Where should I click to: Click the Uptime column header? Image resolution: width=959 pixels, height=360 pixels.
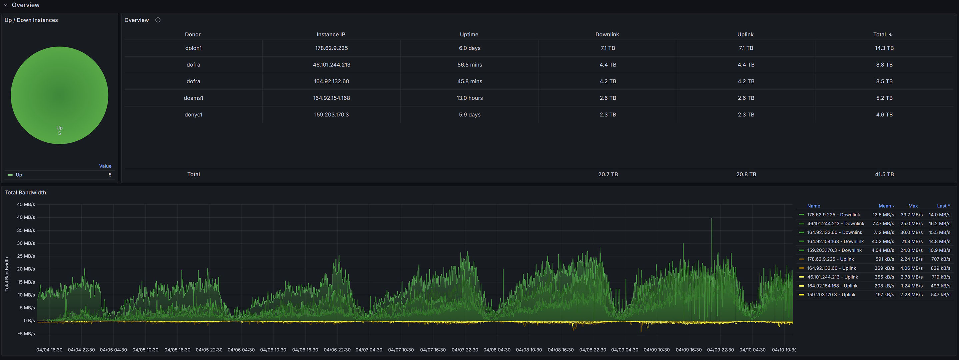(x=469, y=34)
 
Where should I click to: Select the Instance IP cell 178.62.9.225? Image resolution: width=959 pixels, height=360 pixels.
(x=331, y=48)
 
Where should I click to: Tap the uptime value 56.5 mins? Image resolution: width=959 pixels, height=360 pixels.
(x=470, y=65)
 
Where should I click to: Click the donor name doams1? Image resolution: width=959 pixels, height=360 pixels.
(x=193, y=98)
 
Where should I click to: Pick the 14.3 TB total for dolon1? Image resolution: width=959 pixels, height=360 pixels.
(x=884, y=48)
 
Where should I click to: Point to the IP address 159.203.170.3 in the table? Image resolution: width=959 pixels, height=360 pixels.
(x=331, y=115)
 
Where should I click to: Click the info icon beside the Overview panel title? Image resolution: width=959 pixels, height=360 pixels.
(x=158, y=20)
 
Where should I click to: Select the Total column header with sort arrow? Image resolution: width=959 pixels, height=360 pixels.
(x=882, y=34)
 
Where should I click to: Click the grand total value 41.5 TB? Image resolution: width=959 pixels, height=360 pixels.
(x=884, y=174)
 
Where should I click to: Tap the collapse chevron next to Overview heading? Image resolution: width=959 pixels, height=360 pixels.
(x=6, y=5)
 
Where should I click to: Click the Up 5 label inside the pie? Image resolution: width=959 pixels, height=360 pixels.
(x=59, y=130)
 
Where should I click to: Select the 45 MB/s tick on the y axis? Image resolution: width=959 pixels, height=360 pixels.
(x=26, y=204)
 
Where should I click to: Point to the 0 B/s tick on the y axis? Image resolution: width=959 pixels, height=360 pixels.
(x=29, y=321)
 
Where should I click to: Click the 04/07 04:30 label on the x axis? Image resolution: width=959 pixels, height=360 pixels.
(x=369, y=350)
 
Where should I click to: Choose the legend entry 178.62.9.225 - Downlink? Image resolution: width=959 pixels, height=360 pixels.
(x=833, y=215)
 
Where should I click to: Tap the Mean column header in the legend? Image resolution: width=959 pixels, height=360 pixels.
(x=885, y=206)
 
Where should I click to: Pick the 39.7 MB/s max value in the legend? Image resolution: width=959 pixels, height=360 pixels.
(x=911, y=215)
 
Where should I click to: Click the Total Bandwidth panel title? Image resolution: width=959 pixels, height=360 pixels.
(x=25, y=192)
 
